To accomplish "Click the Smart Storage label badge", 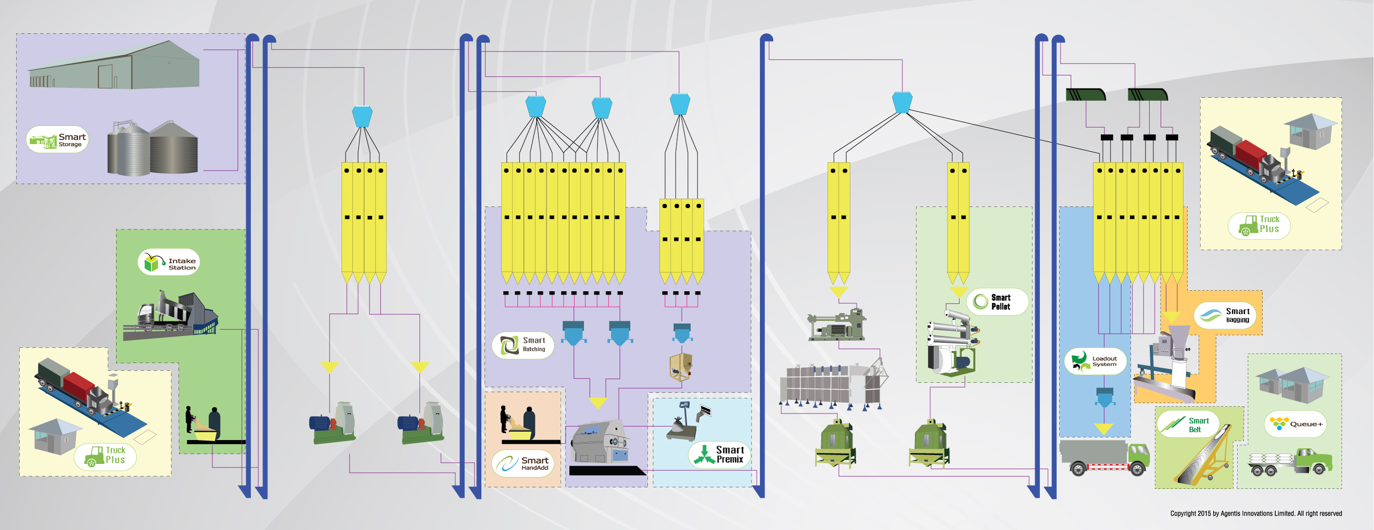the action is [57, 140].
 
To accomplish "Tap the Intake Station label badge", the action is [169, 262].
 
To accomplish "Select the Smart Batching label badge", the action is [523, 345].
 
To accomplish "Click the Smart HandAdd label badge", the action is [522, 463].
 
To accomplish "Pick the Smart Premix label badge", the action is [720, 455].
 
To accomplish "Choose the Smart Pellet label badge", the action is [997, 302].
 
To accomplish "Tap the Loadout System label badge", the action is [1095, 361].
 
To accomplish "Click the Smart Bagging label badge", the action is [1225, 316].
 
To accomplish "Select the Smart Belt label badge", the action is [1188, 424].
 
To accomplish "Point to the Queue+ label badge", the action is [1295, 424].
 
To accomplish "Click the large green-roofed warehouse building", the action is [114, 66].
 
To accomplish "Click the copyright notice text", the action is [1256, 513].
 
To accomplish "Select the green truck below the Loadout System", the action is [1104, 457].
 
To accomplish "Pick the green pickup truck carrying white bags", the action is [1290, 462].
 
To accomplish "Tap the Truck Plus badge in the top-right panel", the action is [1259, 226].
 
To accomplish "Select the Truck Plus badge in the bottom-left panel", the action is [105, 457].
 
